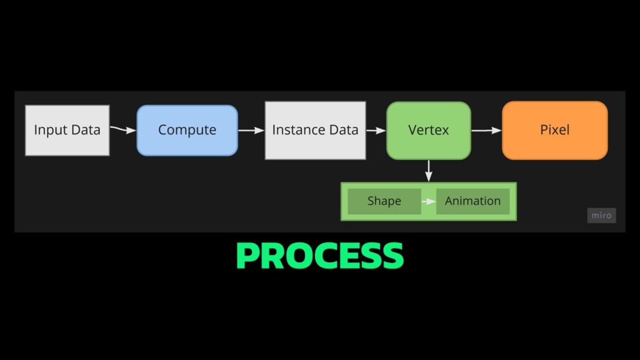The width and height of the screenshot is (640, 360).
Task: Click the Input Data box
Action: tap(67, 130)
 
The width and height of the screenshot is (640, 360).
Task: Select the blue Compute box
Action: tap(187, 130)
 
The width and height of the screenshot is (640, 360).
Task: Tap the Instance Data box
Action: tap(315, 130)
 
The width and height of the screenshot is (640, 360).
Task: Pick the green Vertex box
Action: tap(428, 130)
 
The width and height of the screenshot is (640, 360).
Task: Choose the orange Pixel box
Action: tap(554, 130)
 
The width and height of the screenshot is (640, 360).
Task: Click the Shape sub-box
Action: tap(384, 201)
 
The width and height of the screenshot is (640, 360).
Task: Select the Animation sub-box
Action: tap(472, 201)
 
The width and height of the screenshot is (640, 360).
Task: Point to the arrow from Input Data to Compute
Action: tap(123, 129)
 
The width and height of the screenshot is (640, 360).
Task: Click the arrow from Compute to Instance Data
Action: tap(251, 131)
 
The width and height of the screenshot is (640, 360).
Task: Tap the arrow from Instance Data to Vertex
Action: tap(376, 131)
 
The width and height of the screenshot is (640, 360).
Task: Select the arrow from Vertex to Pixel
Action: tap(486, 131)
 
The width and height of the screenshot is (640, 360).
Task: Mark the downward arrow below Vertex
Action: tap(428, 171)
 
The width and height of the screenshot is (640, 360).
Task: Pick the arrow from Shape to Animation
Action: tap(429, 201)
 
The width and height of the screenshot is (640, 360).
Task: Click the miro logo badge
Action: tap(601, 216)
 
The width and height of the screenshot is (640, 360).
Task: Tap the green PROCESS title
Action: tap(320, 256)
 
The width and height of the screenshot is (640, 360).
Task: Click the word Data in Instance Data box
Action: tap(344, 130)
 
